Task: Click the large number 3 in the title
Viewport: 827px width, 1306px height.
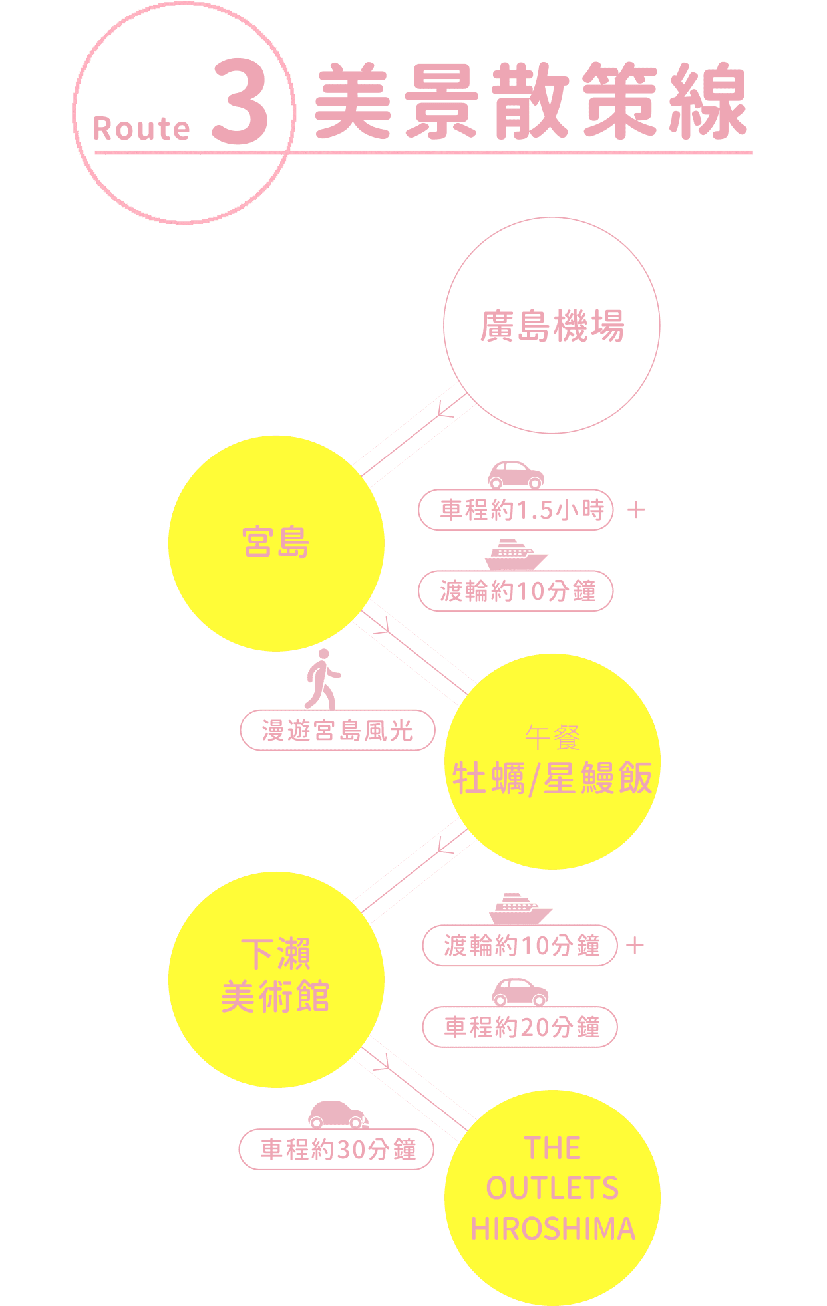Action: point(241,103)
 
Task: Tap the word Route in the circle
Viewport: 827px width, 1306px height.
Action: point(141,129)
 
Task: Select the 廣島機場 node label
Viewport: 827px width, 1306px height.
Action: point(552,326)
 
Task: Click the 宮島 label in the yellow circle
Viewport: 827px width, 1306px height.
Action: point(276,542)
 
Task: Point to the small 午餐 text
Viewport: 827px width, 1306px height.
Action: point(552,737)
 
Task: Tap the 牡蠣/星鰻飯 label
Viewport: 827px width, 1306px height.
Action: point(552,778)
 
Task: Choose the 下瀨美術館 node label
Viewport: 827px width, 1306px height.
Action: point(275,976)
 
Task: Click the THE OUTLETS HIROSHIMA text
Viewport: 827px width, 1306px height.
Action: point(552,1189)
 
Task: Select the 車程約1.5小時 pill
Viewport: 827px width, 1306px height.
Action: point(516,510)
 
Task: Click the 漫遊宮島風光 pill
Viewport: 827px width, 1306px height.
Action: point(337,731)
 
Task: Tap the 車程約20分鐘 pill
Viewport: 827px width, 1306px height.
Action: point(520,1027)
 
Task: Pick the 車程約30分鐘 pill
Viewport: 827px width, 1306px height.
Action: point(337,1150)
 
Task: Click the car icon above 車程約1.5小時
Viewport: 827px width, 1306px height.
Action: point(516,475)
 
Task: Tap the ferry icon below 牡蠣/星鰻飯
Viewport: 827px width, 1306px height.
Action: point(520,909)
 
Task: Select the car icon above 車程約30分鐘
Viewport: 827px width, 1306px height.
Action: point(338,1114)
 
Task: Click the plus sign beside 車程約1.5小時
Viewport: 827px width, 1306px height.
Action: point(637,510)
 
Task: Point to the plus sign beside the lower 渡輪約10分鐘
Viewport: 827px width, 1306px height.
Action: point(635,946)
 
